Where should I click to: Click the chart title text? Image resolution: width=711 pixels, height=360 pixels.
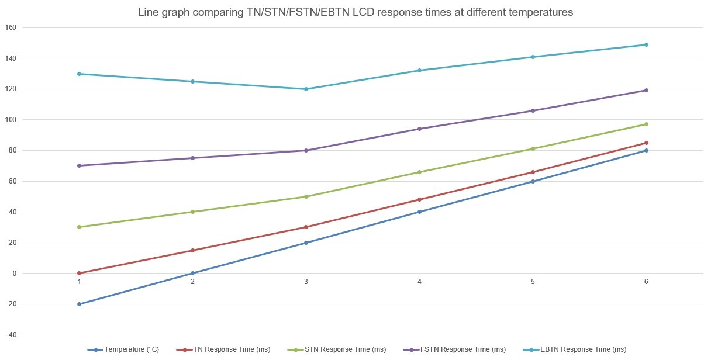(x=355, y=12)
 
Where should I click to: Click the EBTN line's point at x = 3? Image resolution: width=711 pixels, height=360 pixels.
(x=306, y=89)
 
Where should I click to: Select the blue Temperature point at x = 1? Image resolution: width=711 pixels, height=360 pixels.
(x=79, y=304)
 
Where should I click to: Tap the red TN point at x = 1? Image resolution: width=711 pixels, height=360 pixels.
(x=79, y=273)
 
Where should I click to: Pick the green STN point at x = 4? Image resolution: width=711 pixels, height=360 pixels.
(x=419, y=172)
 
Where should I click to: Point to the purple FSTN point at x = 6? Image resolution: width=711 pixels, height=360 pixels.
(x=646, y=90)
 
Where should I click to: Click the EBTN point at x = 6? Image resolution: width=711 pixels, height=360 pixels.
(x=646, y=44)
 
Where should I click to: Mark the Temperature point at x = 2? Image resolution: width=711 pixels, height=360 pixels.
(x=192, y=273)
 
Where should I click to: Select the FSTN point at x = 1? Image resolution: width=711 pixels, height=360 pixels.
(x=79, y=165)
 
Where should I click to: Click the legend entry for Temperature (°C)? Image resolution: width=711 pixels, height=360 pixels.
(x=132, y=349)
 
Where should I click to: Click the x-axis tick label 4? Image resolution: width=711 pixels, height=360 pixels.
(x=419, y=282)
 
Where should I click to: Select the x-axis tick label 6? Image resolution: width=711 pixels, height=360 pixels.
(x=646, y=282)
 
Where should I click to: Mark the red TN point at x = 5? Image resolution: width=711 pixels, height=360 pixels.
(x=533, y=172)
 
